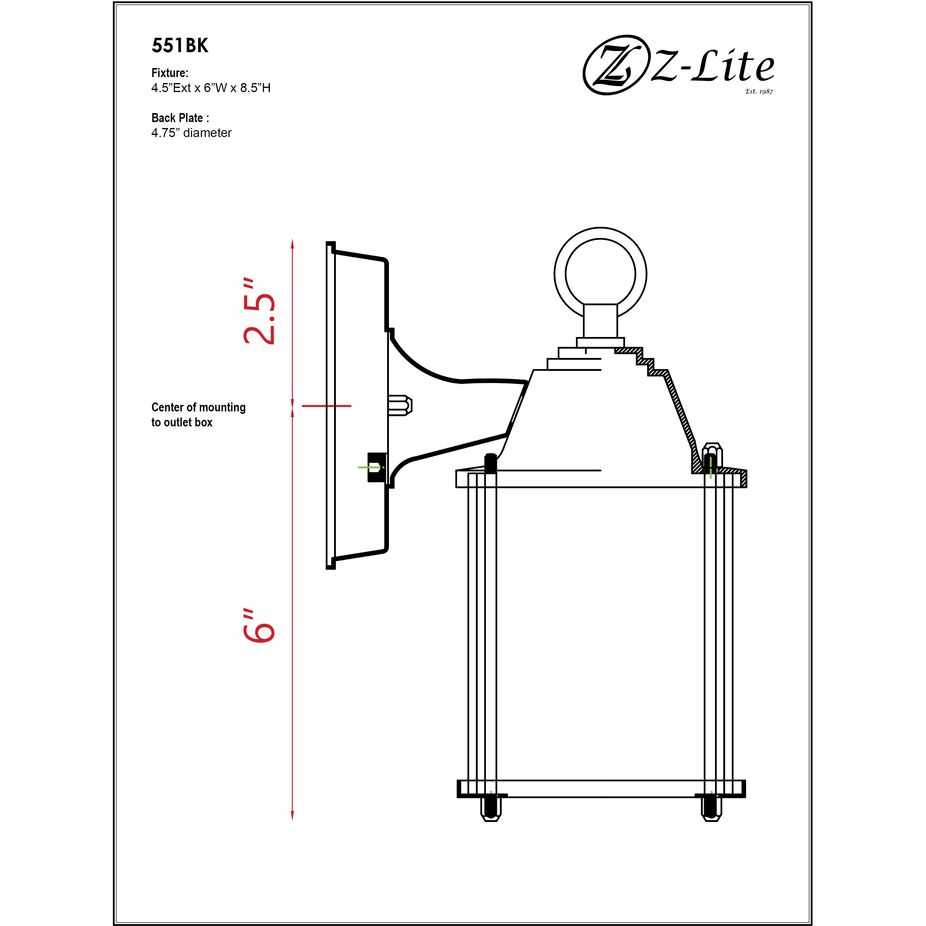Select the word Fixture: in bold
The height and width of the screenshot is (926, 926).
click(x=170, y=73)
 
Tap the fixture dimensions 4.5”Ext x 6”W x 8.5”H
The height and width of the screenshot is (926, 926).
click(x=211, y=88)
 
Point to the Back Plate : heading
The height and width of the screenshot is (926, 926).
click(x=180, y=118)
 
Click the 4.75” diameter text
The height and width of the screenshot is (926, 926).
click(x=191, y=133)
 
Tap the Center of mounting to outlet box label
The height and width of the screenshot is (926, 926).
click(x=199, y=415)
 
